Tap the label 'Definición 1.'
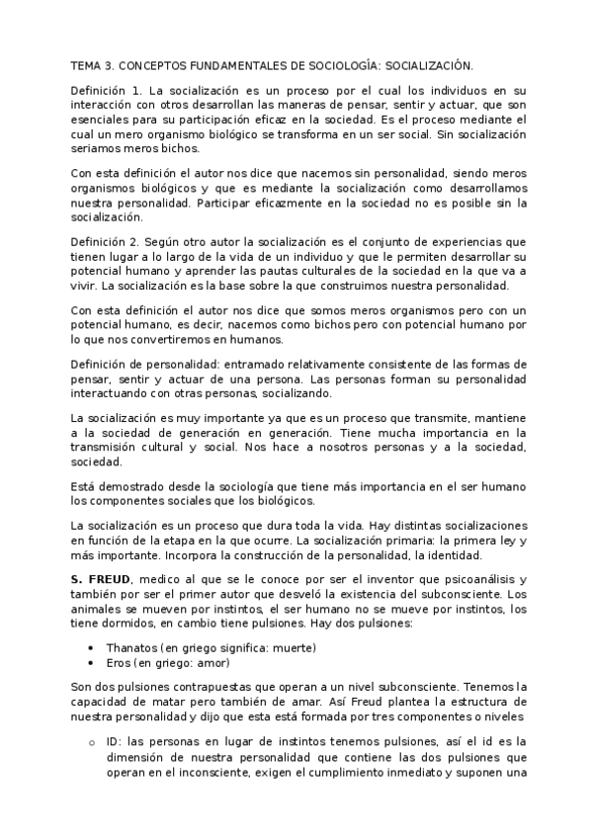click(x=106, y=90)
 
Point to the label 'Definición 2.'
click(x=106, y=241)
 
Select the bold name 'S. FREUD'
click(x=97, y=577)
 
